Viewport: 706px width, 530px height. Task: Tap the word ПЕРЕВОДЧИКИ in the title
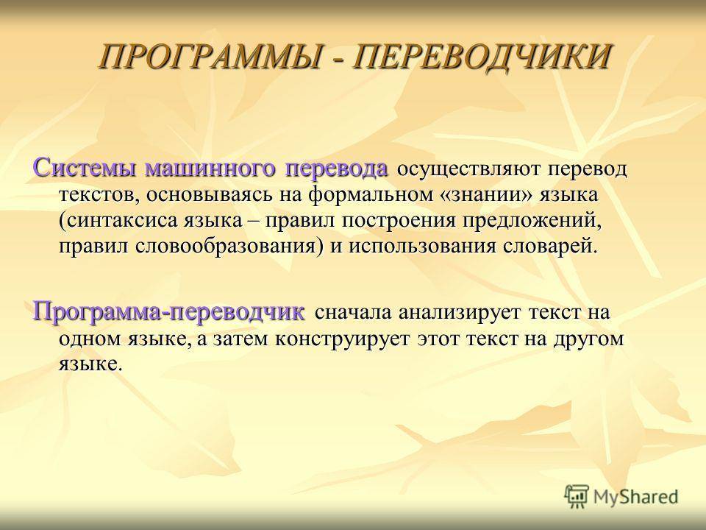click(x=480, y=57)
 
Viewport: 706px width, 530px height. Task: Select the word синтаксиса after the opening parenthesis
click(x=118, y=221)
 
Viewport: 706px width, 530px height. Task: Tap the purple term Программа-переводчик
click(x=169, y=312)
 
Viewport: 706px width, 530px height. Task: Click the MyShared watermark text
click(x=635, y=497)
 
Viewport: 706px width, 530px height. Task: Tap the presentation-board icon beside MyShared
click(x=577, y=495)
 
